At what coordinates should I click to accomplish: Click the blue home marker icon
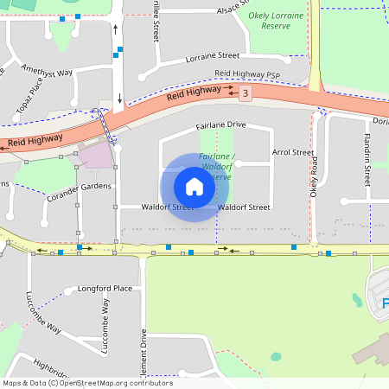[x=194, y=187]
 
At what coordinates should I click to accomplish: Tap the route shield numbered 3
[x=246, y=92]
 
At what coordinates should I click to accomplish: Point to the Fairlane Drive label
[x=221, y=125]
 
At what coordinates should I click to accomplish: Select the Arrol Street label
[x=293, y=152]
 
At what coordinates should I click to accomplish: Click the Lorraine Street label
[x=212, y=56]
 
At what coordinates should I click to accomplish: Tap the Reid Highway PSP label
[x=248, y=75]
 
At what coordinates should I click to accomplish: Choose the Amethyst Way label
[x=47, y=73]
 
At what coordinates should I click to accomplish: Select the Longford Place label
[x=105, y=288]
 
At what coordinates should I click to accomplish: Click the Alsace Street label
[x=239, y=9]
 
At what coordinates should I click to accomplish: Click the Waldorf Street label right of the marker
[x=245, y=207]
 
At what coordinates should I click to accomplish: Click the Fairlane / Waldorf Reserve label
[x=218, y=166]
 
